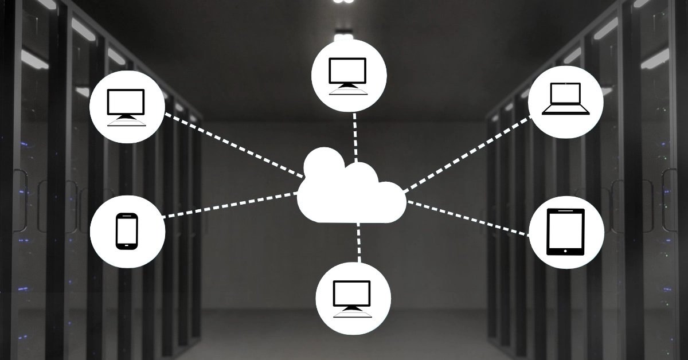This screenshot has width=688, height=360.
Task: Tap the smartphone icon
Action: coord(127,231)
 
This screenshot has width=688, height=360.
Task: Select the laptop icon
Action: coord(565,99)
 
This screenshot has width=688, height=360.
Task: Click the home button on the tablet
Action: coord(565,251)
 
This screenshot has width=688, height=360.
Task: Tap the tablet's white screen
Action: coord(565,229)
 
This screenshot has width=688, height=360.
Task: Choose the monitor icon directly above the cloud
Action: coord(349,75)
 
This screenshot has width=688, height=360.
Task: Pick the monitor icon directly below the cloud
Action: coord(353,297)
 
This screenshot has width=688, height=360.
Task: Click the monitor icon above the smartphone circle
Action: coord(127,107)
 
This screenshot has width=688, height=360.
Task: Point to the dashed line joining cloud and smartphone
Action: coord(229,205)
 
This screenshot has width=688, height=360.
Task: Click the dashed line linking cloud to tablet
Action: coord(467,218)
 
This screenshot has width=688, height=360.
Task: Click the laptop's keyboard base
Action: coord(565,111)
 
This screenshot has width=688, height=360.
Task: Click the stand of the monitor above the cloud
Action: coord(349,87)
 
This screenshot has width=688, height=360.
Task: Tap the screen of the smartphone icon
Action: coord(127,230)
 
